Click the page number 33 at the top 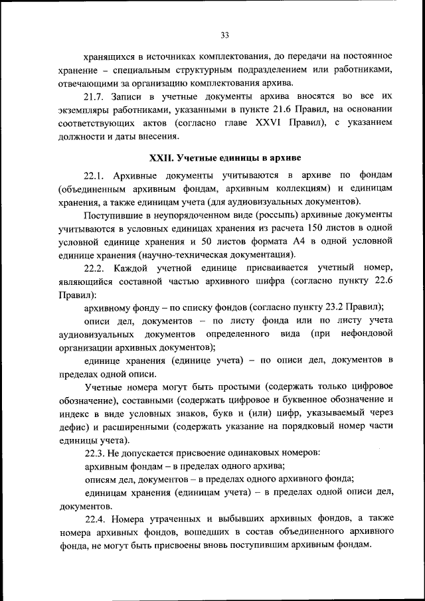coord(224,35)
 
